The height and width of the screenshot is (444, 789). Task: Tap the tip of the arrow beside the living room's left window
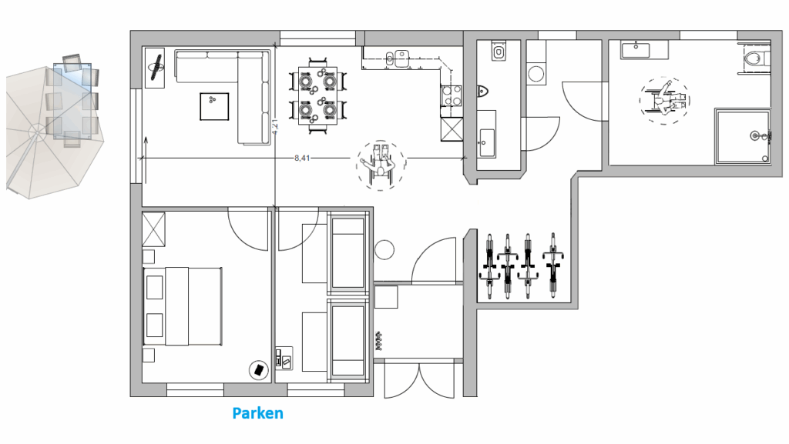[x=146, y=137]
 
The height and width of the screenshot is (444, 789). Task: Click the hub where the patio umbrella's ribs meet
[x=36, y=131]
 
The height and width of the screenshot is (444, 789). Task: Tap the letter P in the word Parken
[x=237, y=413]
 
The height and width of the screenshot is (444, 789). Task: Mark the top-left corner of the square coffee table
[x=200, y=93]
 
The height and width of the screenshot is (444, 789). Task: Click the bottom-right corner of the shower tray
[x=770, y=164]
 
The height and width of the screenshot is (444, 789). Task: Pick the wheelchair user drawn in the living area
[x=381, y=165]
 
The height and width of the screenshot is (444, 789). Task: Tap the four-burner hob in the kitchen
[x=452, y=96]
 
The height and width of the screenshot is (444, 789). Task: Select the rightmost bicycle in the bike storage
[x=552, y=265]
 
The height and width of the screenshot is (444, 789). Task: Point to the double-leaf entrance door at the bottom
[x=419, y=380]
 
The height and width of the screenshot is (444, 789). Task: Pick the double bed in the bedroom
[x=183, y=306]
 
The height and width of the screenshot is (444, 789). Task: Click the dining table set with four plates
[x=318, y=95]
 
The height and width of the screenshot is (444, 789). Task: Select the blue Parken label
[x=257, y=413]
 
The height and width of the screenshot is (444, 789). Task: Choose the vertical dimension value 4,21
[x=275, y=127]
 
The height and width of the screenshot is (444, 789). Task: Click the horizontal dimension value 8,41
[x=302, y=159]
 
